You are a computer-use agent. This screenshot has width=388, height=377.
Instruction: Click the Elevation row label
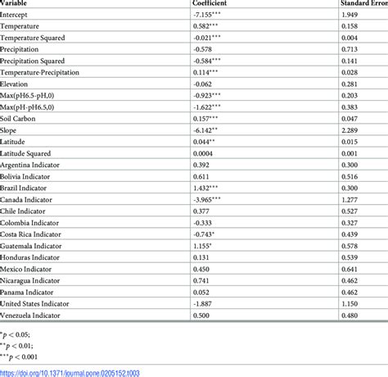16,84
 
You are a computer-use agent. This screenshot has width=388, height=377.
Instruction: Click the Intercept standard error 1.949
351,16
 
